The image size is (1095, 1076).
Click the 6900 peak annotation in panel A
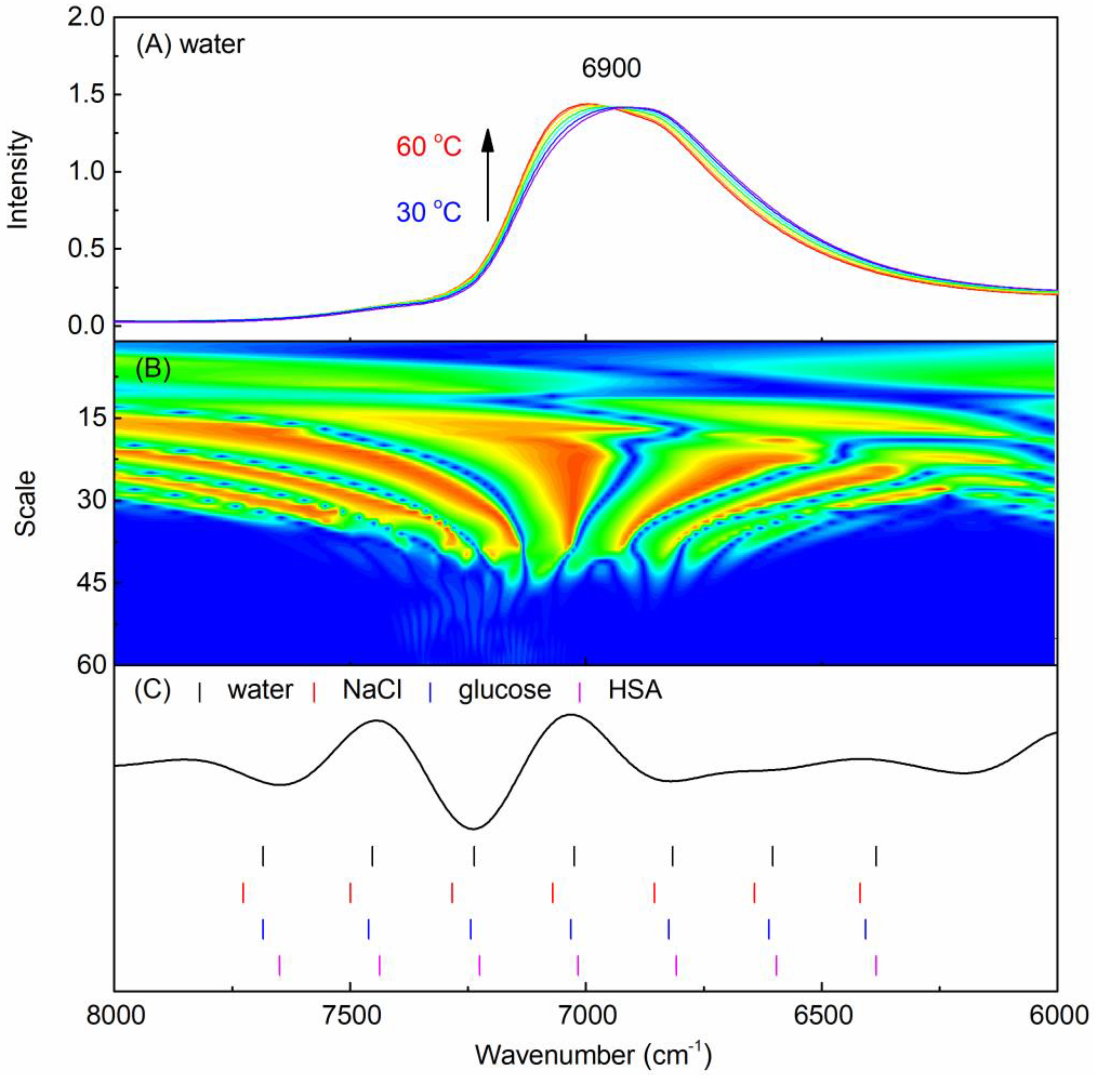click(611, 68)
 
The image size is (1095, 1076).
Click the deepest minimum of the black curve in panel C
click(474, 829)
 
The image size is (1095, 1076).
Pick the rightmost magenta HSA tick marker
click(876, 965)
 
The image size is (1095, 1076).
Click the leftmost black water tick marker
click(263, 856)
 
